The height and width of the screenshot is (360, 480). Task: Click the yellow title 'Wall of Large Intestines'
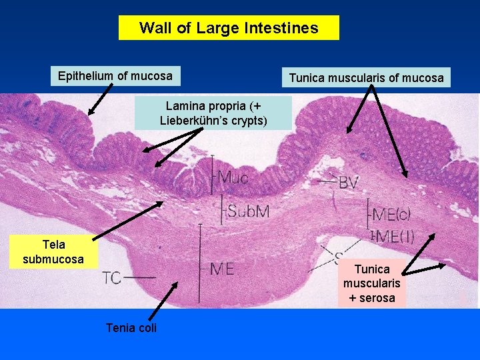(229, 28)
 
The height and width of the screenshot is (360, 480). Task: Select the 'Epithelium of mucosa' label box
(115, 76)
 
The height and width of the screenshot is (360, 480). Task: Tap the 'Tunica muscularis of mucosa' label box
(366, 78)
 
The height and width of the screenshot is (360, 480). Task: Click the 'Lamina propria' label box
(213, 113)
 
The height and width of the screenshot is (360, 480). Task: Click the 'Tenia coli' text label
(131, 327)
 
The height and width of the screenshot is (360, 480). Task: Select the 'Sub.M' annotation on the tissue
(247, 212)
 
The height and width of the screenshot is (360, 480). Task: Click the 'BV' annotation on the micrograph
(348, 182)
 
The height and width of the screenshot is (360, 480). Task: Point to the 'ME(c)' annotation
(391, 215)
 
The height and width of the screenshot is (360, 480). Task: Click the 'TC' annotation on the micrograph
(112, 277)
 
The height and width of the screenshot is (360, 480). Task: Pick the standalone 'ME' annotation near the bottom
(221, 269)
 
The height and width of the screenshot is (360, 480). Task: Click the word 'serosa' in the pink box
(377, 298)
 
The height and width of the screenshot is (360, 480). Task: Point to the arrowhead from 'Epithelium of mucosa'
(91, 113)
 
